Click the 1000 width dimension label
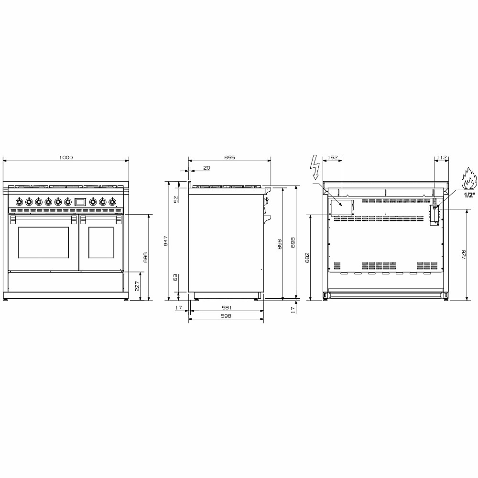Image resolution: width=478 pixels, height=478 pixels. (x=66, y=158)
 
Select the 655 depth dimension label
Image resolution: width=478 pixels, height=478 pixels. (x=229, y=158)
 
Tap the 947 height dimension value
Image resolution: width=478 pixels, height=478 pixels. (x=166, y=241)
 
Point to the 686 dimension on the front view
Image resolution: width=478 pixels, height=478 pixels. (x=145, y=257)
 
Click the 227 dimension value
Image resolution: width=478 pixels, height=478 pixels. (x=137, y=286)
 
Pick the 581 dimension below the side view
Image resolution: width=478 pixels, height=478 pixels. (x=227, y=308)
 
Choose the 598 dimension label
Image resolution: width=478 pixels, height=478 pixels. (x=226, y=316)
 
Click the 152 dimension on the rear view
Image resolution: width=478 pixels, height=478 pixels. (x=333, y=158)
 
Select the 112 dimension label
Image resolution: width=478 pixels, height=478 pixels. (x=442, y=158)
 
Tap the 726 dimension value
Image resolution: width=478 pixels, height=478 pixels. (x=464, y=255)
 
